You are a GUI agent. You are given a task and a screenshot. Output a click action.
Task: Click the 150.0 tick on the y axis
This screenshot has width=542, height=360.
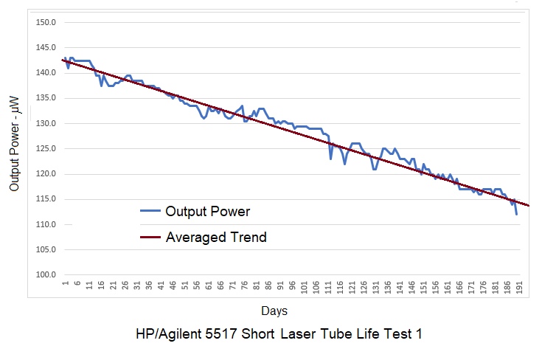(46, 22)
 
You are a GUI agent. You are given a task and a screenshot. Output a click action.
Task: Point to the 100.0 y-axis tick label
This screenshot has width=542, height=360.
(46, 275)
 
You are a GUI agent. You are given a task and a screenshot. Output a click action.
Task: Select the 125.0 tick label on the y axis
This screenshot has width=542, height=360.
(46, 148)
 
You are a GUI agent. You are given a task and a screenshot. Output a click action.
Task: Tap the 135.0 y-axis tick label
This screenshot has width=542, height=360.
(46, 98)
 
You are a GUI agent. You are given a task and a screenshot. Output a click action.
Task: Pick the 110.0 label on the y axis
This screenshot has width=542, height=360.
(46, 224)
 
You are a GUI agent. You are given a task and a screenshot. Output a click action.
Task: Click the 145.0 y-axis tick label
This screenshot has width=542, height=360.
(46, 47)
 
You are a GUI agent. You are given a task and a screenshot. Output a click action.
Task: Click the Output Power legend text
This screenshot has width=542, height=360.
(208, 212)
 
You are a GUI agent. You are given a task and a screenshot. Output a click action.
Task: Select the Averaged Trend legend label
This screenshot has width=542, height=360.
(216, 238)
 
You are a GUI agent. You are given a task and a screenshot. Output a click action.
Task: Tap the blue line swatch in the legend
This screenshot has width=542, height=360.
(150, 212)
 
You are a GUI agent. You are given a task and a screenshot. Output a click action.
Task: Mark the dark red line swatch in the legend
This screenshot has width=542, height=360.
(150, 238)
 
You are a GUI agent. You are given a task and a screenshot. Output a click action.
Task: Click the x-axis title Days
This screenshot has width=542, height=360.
(274, 311)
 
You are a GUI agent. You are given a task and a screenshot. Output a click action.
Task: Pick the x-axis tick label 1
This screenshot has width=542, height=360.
(65, 284)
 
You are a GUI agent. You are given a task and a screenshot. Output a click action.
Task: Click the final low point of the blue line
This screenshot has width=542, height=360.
(516, 215)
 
